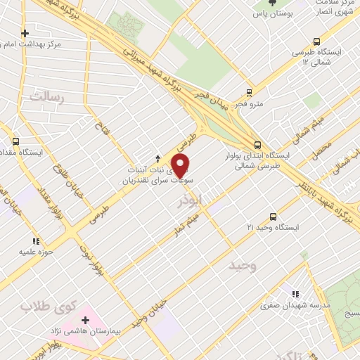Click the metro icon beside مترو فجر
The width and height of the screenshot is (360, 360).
click(x=249, y=92)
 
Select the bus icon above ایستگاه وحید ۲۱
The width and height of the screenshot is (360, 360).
click(x=274, y=217)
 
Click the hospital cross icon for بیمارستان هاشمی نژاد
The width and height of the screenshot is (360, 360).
click(x=86, y=320)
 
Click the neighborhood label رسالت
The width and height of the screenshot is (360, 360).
click(x=47, y=97)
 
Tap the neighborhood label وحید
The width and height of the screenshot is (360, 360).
click(x=244, y=266)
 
